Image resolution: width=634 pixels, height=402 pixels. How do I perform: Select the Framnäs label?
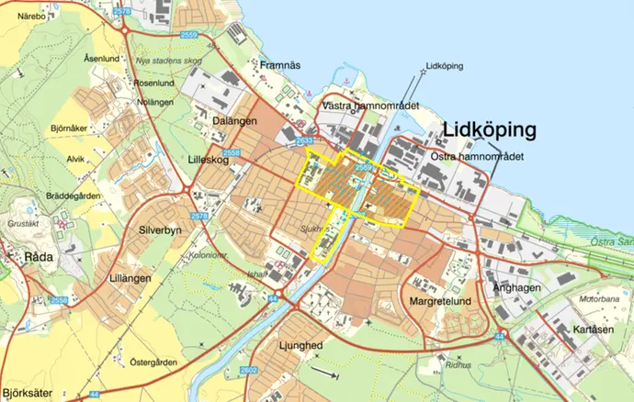[280, 65]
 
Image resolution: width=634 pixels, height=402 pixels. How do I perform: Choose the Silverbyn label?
[164, 231]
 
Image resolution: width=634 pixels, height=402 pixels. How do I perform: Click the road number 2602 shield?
[274, 369]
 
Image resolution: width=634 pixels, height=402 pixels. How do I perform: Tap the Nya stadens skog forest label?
[168, 61]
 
